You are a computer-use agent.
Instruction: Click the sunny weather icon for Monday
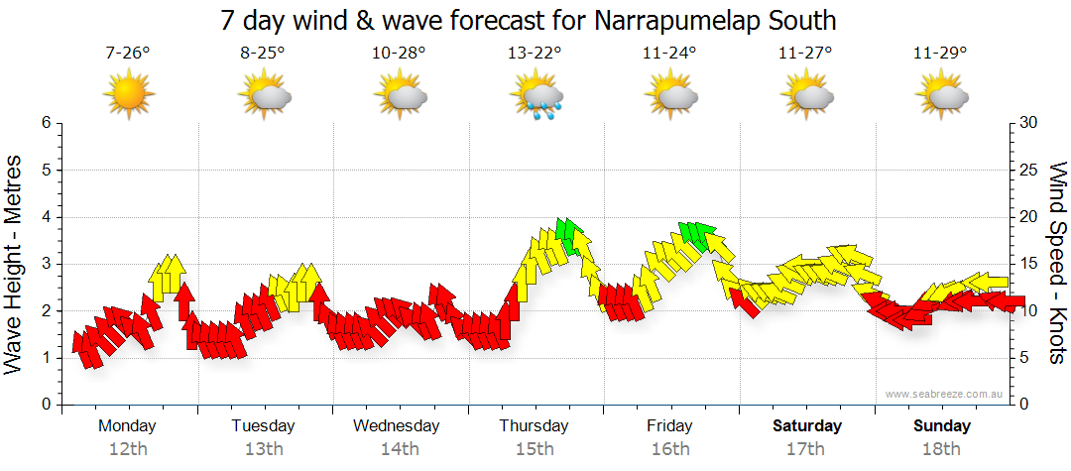point(129,95)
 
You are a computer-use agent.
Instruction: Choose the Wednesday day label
point(397,426)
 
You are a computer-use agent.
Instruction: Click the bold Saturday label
point(806,426)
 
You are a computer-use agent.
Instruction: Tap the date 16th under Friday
point(670,449)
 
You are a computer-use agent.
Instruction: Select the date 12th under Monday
point(128,449)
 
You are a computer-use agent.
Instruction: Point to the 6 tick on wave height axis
point(45,123)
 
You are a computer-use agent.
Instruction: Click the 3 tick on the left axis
point(45,264)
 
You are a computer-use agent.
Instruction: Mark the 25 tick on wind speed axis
point(1029,171)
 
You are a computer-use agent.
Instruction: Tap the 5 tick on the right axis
point(1025,358)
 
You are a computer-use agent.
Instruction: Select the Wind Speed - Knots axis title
point(1056,263)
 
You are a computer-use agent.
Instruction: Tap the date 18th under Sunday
point(941,449)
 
